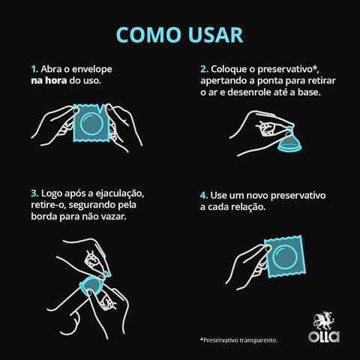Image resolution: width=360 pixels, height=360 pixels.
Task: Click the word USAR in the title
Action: click(215, 35)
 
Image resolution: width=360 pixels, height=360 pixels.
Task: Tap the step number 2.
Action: click(203, 67)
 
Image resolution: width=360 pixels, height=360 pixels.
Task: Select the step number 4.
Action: click(203, 194)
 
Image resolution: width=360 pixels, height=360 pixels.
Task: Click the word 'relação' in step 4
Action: click(246, 206)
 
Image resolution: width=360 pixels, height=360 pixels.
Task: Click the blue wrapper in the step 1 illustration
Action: click(91, 124)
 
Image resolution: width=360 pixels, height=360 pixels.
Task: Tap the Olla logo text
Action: click(323, 336)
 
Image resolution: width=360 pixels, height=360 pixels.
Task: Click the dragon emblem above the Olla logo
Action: click(324, 319)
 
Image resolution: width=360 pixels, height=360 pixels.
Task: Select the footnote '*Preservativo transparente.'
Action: click(238, 340)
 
